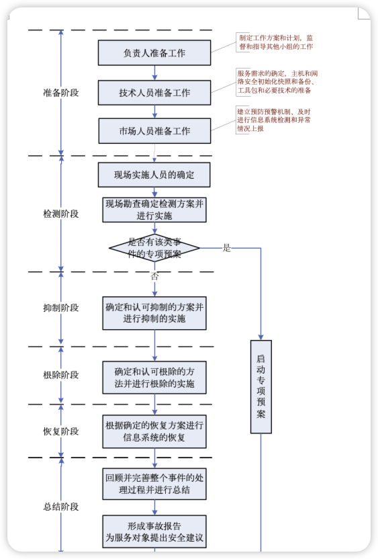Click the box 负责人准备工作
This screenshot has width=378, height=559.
[154, 52]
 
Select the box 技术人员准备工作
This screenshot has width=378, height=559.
[154, 92]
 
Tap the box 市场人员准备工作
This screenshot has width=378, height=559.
[154, 131]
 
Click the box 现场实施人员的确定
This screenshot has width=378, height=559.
[154, 175]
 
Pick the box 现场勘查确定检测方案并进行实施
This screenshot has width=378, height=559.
[154, 210]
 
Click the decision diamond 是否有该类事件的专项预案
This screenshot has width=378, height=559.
[154, 248]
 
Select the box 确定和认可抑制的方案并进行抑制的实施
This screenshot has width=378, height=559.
[154, 313]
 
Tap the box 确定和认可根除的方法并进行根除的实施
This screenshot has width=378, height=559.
[154, 378]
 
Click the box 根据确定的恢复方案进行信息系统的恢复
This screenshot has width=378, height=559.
[154, 431]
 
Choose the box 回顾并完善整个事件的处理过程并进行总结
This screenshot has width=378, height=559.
[154, 484]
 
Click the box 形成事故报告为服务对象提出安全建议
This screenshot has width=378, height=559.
[154, 531]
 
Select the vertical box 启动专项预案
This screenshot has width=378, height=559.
[261, 386]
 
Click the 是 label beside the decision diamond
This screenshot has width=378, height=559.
[227, 248]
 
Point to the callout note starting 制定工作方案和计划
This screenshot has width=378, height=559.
[275, 42]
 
